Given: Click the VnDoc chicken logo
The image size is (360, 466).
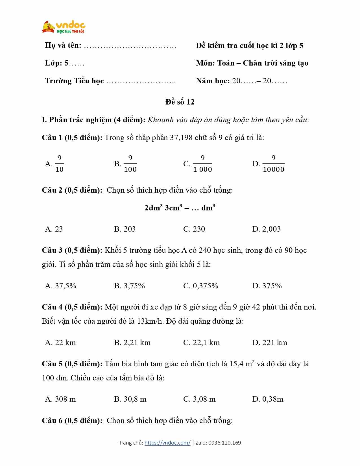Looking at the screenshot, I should point(64,27).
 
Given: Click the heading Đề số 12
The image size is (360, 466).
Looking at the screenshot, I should point(180,102).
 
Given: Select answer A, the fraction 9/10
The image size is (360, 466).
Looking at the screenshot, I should point(55,164).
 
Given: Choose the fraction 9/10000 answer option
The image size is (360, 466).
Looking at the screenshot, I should point(269,164).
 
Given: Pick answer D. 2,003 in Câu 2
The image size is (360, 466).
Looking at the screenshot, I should point(266,229).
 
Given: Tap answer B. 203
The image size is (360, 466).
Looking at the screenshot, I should point(125,229).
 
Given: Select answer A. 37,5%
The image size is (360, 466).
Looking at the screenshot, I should point(61,286).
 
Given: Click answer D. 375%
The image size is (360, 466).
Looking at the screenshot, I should point(267,286).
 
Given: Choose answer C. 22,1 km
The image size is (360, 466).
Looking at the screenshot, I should point(201,343).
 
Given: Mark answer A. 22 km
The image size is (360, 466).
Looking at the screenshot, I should point(60,343).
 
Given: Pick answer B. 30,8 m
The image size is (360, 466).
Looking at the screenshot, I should point(130,399).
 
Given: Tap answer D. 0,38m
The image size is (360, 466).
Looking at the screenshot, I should point(268,399).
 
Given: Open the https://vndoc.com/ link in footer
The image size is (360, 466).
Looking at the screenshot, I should point(167,443).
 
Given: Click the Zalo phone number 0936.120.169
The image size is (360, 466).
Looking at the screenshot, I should point(225,443).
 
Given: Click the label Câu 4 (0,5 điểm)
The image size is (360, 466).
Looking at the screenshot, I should point(72,307).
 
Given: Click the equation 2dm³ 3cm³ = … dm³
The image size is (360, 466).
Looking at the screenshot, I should point(180,208).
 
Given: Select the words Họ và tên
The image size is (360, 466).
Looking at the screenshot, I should point(63,45).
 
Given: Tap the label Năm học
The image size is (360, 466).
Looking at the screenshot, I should point(213,81).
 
